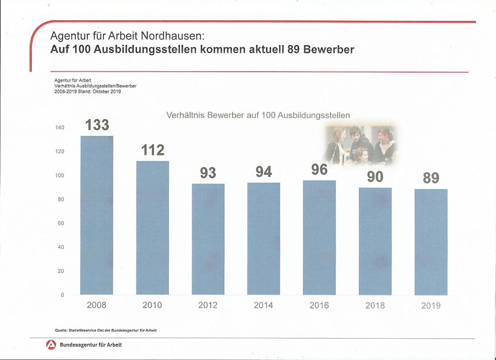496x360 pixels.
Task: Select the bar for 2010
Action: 153,228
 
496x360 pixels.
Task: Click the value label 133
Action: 97,125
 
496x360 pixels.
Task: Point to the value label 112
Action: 153,150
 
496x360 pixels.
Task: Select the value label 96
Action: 319,169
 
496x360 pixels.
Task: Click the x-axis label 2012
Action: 208,305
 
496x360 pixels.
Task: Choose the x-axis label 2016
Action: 319,305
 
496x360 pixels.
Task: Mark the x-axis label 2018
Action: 375,305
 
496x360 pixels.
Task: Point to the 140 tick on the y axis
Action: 60,128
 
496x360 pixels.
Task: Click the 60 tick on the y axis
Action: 61,223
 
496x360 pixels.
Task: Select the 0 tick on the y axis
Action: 62,295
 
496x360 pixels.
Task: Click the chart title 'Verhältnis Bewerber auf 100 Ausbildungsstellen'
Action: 258,115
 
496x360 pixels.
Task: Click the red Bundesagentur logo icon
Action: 51,345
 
